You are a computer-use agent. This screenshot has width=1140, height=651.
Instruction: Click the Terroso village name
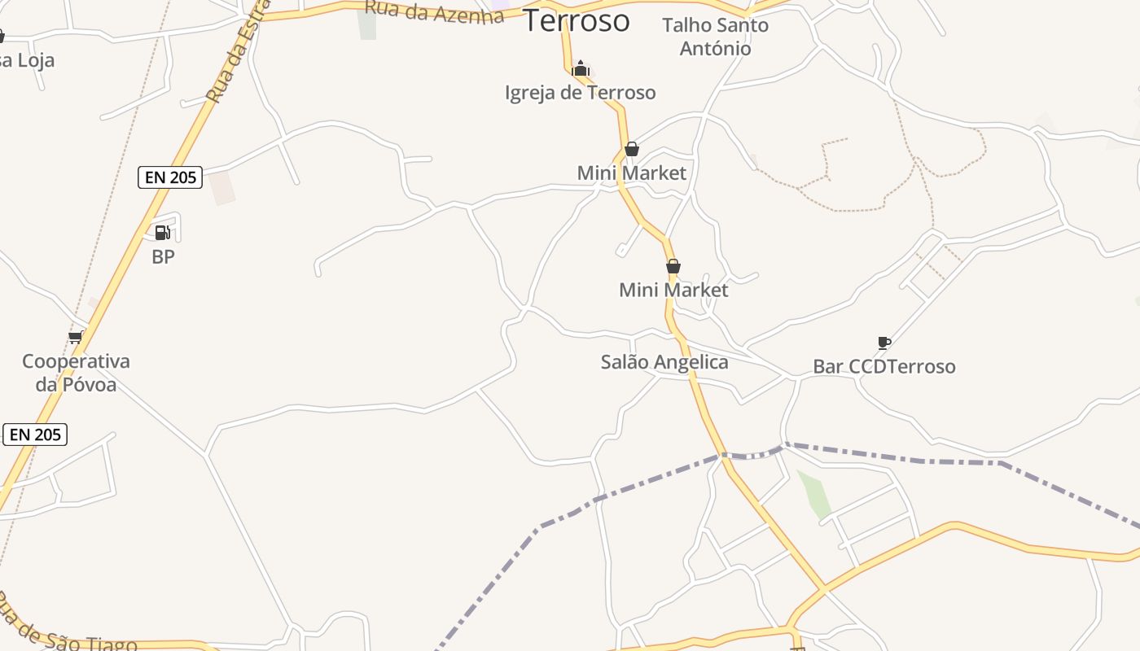pyautogui.click(x=576, y=20)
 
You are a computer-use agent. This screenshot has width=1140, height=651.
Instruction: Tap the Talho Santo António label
pyautogui.click(x=715, y=37)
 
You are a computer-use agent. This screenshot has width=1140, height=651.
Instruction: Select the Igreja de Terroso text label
pyautogui.click(x=580, y=93)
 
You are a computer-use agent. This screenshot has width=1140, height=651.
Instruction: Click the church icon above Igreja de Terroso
pyautogui.click(x=581, y=68)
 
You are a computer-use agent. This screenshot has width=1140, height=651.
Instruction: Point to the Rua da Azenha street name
pyautogui.click(x=434, y=11)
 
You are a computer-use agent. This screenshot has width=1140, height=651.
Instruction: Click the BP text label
pyautogui.click(x=163, y=256)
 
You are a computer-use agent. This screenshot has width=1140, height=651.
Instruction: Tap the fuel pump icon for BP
pyautogui.click(x=163, y=233)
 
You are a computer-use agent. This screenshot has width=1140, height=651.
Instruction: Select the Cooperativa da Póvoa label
pyautogui.click(x=76, y=373)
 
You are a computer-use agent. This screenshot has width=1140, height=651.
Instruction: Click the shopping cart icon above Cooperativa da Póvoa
pyautogui.click(x=76, y=337)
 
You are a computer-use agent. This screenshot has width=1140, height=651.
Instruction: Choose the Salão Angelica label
pyautogui.click(x=664, y=362)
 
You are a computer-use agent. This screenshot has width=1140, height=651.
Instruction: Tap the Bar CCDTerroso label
pyautogui.click(x=883, y=366)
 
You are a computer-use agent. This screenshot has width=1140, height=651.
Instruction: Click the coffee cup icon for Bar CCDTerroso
pyautogui.click(x=884, y=343)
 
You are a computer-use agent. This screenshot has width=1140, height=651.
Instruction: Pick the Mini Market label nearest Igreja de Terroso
pyautogui.click(x=631, y=173)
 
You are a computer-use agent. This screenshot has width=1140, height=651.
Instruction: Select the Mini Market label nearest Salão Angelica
pyautogui.click(x=673, y=290)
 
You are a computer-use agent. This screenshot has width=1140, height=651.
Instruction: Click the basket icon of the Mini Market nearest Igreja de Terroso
pyautogui.click(x=631, y=149)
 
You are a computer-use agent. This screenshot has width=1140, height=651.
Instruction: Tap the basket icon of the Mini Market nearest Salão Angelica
pyautogui.click(x=673, y=266)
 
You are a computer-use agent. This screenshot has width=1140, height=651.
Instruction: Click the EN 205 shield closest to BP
pyautogui.click(x=170, y=177)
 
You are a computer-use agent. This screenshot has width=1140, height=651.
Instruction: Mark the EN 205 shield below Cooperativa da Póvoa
pyautogui.click(x=35, y=435)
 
